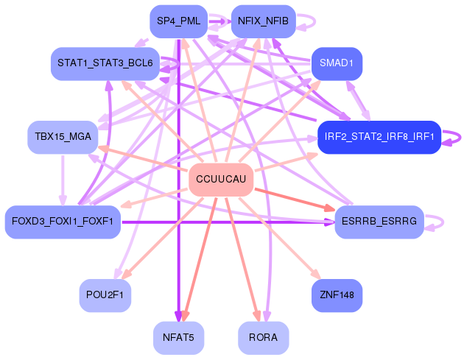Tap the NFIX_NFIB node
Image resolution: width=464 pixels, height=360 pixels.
(x=264, y=21)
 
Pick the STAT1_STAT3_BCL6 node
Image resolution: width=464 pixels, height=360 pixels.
(x=106, y=64)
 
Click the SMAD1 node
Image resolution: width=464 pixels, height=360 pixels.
(x=337, y=64)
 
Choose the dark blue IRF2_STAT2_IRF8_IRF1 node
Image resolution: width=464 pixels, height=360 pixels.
(x=379, y=137)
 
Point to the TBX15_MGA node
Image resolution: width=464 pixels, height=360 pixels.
(x=63, y=137)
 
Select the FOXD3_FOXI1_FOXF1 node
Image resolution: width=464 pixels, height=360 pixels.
(x=63, y=222)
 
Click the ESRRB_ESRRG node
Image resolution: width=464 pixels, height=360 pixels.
(x=379, y=222)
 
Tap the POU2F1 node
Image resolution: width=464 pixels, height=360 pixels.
(x=105, y=295)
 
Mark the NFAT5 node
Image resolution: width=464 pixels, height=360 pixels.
(x=179, y=338)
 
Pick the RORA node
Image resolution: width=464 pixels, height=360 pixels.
(x=264, y=338)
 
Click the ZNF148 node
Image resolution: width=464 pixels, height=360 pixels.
(x=337, y=295)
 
